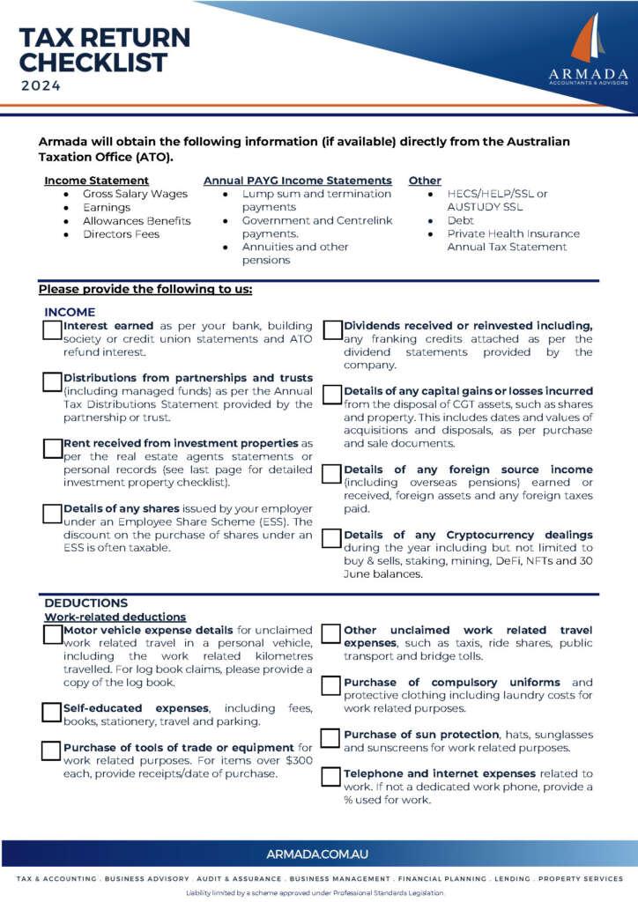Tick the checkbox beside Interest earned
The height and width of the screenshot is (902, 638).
[52, 330]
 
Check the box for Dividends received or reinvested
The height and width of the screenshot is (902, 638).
[332, 330]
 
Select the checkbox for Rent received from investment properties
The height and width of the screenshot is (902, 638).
[52, 447]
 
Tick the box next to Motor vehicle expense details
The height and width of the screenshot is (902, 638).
[52, 634]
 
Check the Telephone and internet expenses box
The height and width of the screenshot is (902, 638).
[332, 777]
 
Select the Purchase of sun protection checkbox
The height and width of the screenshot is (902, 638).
[332, 737]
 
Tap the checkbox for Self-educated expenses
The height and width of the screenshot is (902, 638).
[52, 711]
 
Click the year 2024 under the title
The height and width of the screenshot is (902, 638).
[42, 86]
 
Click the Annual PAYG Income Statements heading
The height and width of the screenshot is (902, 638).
[298, 181]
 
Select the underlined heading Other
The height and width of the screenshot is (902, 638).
[425, 181]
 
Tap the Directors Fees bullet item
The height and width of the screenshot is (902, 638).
[122, 234]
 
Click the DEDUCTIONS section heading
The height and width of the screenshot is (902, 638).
[86, 603]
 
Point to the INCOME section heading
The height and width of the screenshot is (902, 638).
[70, 312]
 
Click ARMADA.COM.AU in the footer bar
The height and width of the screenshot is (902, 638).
[317, 854]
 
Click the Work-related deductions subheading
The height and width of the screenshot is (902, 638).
[115, 617]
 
